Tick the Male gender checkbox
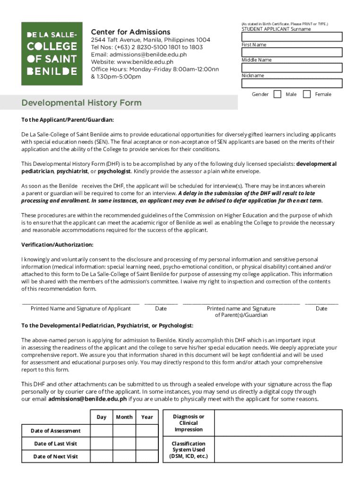[277, 94]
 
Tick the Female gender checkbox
[307, 94]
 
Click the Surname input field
[292, 37]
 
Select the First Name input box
[292, 53]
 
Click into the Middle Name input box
[292, 68]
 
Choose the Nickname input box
[292, 83]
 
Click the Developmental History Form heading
[81, 103]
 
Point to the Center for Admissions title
[130, 32]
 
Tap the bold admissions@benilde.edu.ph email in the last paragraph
[87, 399]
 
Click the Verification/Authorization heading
[57, 245]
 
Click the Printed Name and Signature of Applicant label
[80, 309]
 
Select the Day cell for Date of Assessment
[101, 431]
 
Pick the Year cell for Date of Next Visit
[147, 456]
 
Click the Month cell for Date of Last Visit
[124, 443]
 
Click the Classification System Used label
[189, 450]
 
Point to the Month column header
[124, 417]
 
